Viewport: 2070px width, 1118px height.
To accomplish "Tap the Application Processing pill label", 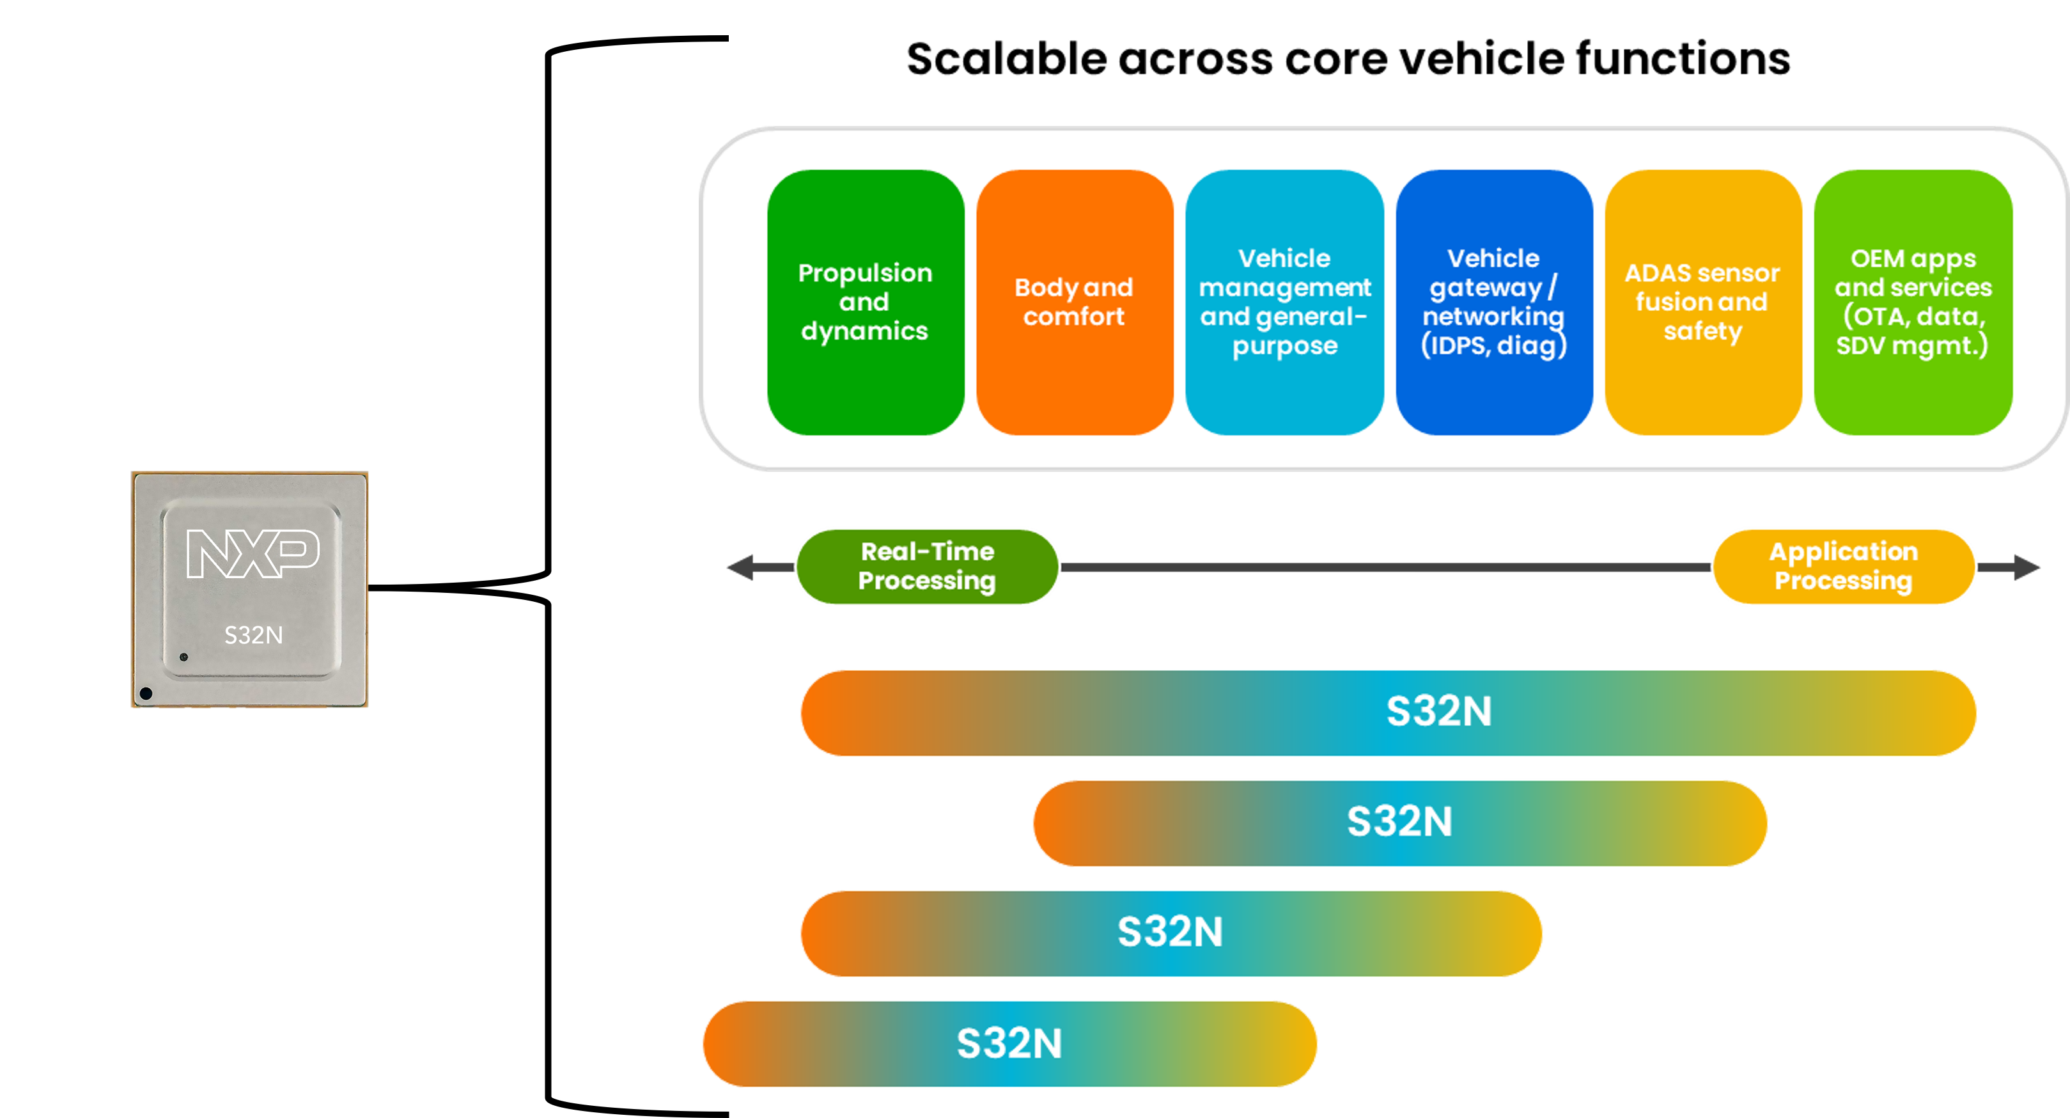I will point(1844,566).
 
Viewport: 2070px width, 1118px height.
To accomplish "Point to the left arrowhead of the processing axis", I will point(739,567).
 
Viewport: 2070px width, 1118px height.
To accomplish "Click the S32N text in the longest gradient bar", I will point(1438,712).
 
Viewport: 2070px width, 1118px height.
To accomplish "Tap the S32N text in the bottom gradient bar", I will point(1009,1043).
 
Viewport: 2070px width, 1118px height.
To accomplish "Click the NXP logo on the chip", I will point(253,553).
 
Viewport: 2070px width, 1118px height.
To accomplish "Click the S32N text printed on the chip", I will point(253,636).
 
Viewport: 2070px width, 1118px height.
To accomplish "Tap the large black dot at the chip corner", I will point(146,693).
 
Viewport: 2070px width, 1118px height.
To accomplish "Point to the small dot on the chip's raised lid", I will point(184,657).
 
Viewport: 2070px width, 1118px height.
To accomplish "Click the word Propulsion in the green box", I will point(865,273).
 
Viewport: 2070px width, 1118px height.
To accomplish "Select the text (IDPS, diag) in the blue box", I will point(1494,345).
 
